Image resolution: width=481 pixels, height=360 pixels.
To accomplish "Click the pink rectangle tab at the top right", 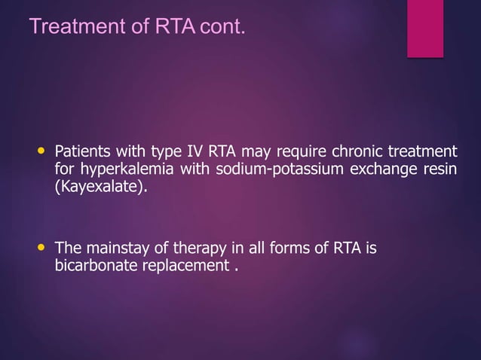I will click(425, 28).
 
